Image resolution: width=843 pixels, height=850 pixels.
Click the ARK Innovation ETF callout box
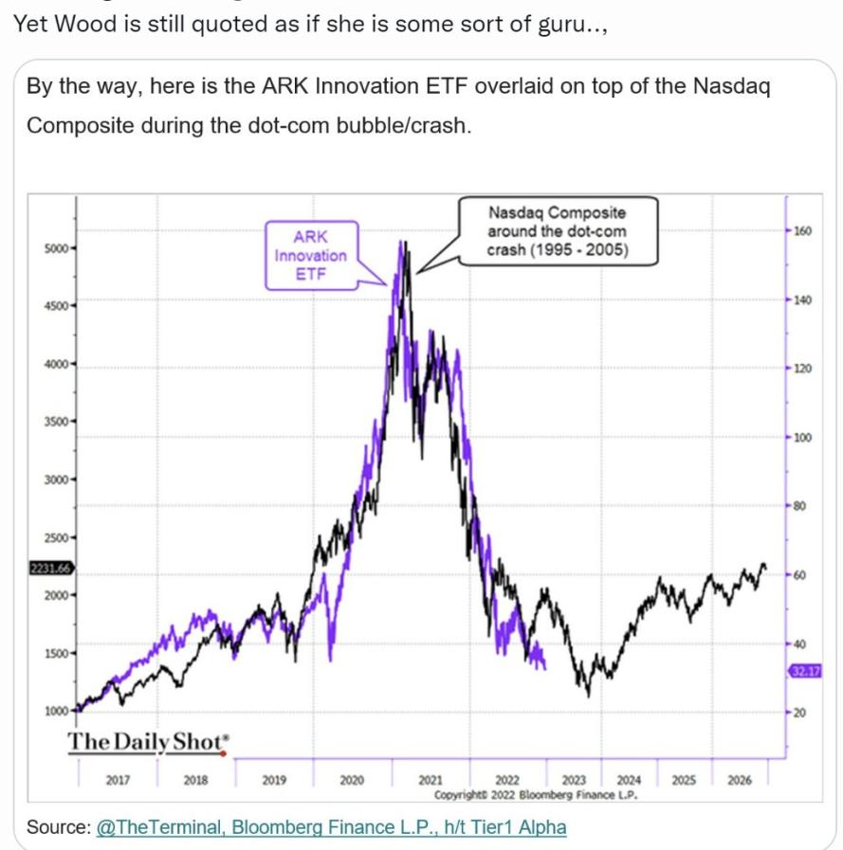pyautogui.click(x=311, y=255)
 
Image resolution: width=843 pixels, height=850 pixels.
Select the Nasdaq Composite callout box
pyautogui.click(x=557, y=230)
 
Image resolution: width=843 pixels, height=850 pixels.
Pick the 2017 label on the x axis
pyautogui.click(x=119, y=780)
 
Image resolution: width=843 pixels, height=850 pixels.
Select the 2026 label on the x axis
pyautogui.click(x=740, y=780)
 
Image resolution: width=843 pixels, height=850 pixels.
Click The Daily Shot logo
pyautogui.click(x=148, y=742)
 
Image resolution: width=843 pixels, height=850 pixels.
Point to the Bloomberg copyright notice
pyautogui.click(x=536, y=795)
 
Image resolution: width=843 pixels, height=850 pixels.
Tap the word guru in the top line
pyautogui.click(x=559, y=23)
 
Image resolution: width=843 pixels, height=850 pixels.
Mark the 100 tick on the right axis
pyautogui.click(x=800, y=438)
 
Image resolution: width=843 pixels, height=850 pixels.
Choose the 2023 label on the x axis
pyautogui.click(x=575, y=780)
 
